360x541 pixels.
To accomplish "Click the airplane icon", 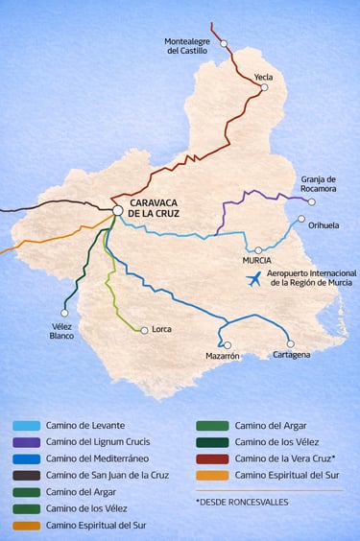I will (254, 279).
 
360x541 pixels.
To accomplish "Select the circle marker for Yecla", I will (264, 87).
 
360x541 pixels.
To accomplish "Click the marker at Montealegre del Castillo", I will (224, 43).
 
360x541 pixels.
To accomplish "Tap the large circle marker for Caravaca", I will (117, 210).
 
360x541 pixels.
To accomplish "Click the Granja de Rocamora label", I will (319, 183).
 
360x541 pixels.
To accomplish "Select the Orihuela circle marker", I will (301, 219).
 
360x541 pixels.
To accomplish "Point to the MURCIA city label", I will (256, 260).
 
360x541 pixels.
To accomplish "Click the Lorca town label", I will (161, 329).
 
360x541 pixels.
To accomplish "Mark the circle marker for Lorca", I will (144, 330).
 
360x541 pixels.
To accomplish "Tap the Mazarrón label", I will (222, 356).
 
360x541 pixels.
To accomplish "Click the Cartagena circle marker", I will (290, 343).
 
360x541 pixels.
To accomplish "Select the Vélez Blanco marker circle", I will (64, 313).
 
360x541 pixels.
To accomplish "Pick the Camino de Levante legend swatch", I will (26, 425).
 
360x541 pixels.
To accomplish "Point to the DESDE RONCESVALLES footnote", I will (241, 502).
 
